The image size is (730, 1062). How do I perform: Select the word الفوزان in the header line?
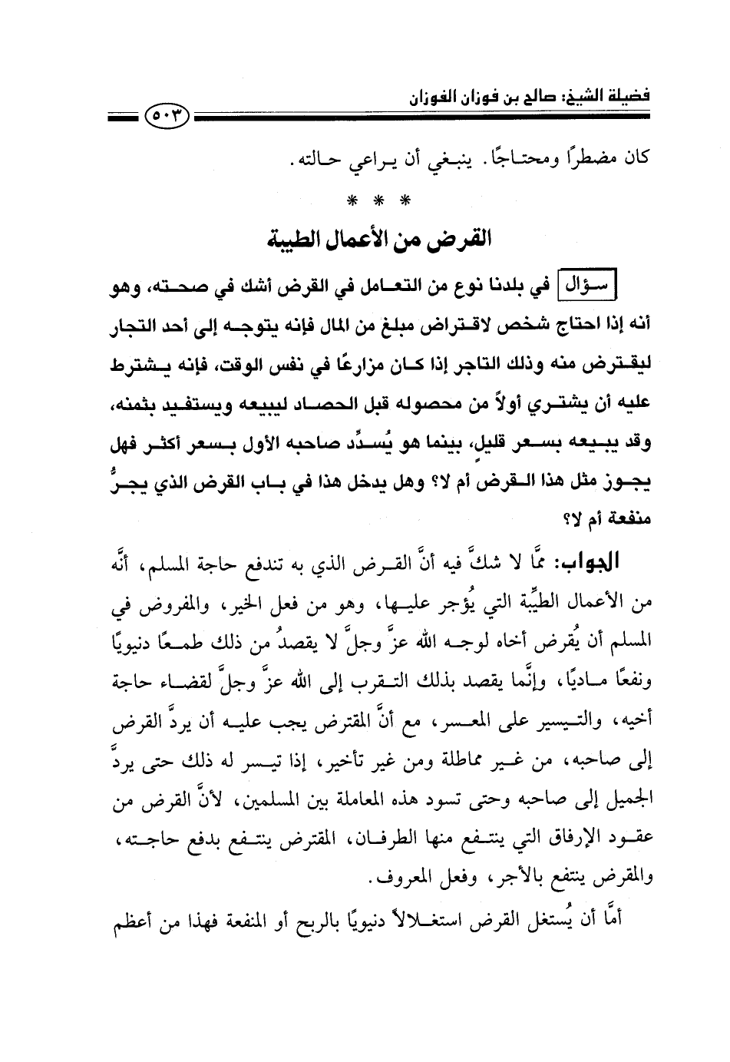click(x=423, y=98)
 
